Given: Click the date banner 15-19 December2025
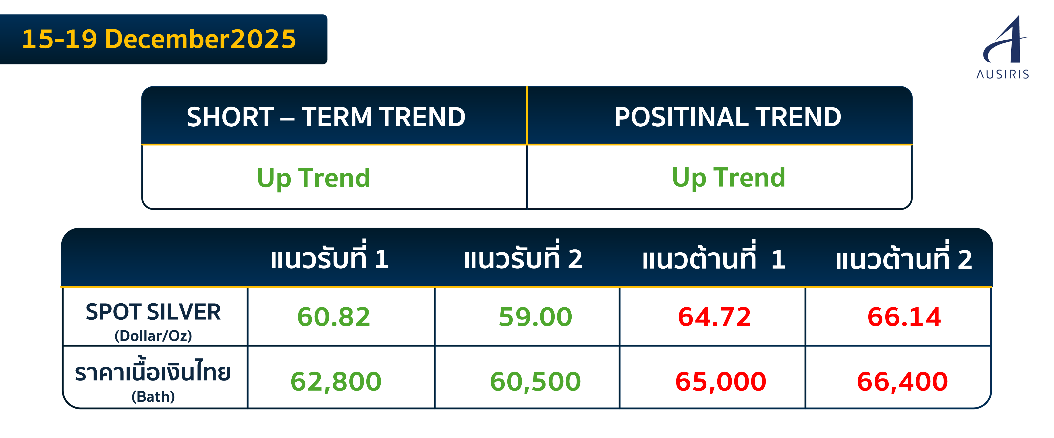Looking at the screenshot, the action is coord(159,39).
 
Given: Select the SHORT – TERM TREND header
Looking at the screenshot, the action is coord(326,117).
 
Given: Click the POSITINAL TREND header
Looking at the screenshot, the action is coord(728,117).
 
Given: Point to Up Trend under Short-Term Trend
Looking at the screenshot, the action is coord(313,178).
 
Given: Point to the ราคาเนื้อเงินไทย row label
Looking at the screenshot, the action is coord(153,380).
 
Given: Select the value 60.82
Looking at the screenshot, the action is coord(334,317).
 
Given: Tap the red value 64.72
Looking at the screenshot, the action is coord(715,317).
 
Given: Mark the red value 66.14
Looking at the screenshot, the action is coord(904,317).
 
